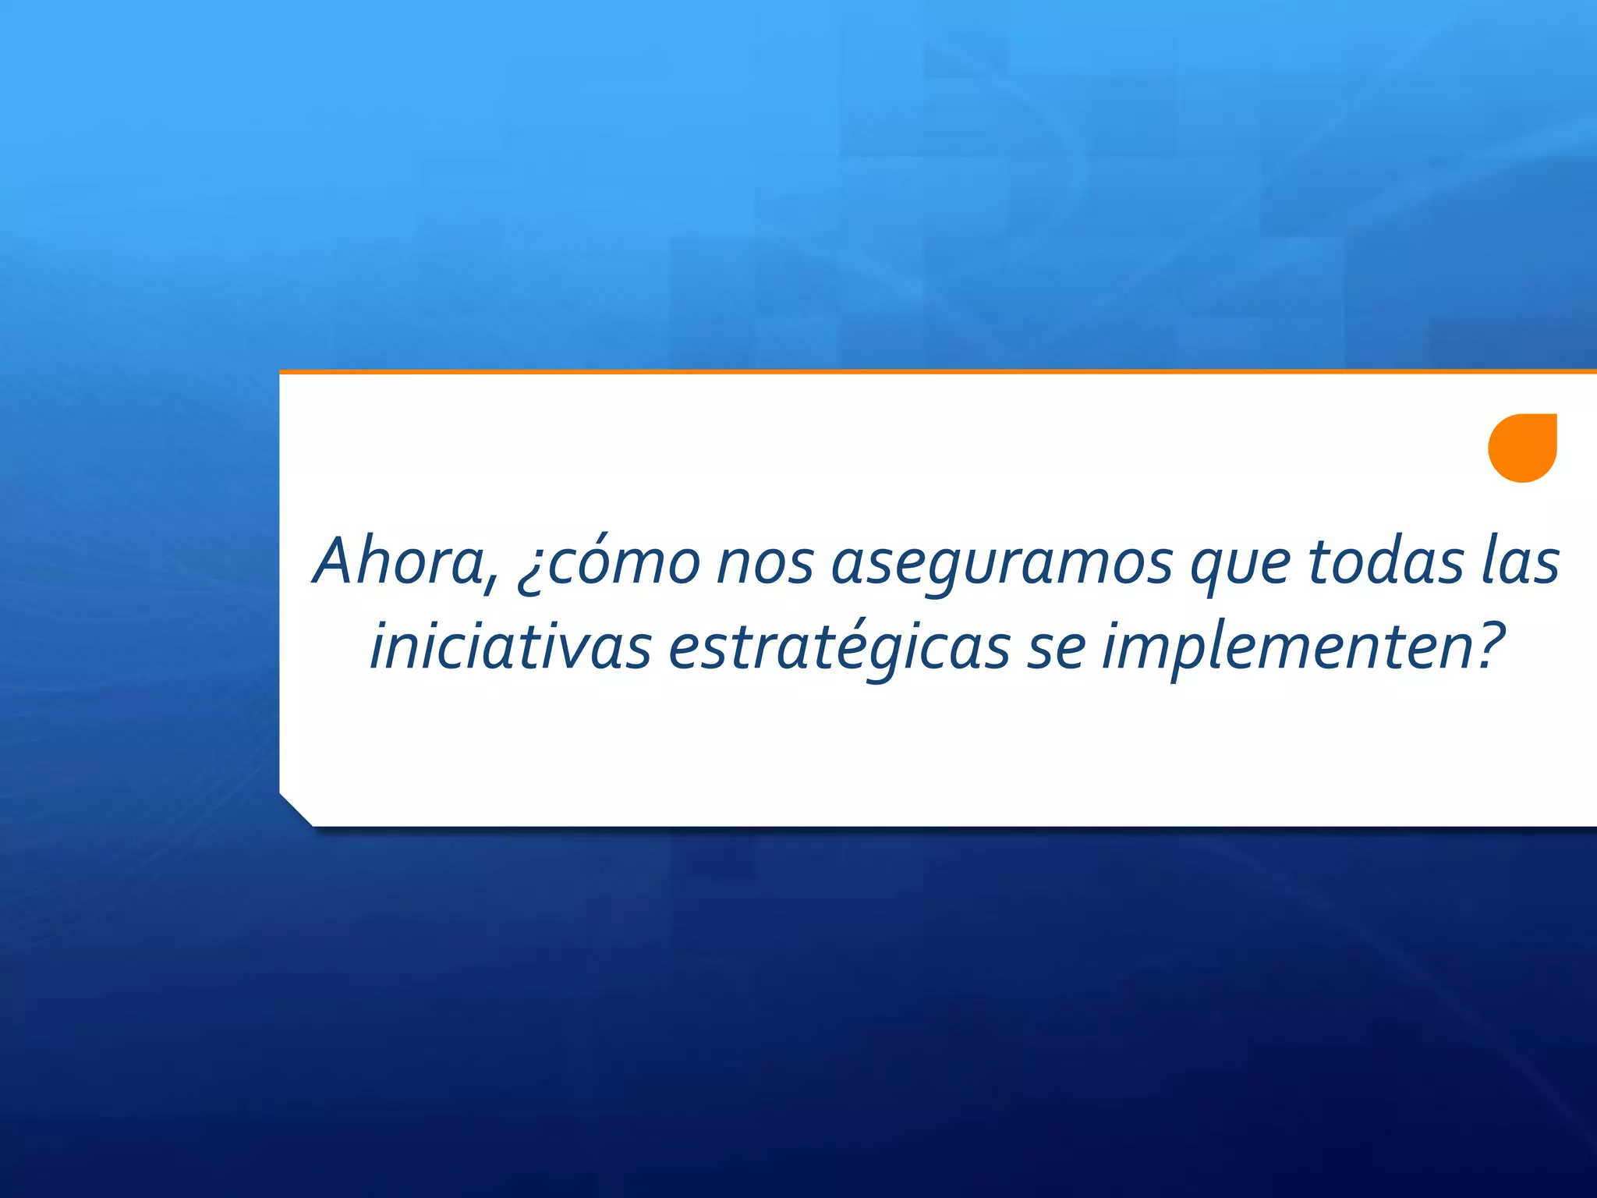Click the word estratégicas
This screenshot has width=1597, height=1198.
[839, 647]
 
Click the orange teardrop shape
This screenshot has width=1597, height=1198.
[1522, 448]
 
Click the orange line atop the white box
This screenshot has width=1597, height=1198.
[936, 372]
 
